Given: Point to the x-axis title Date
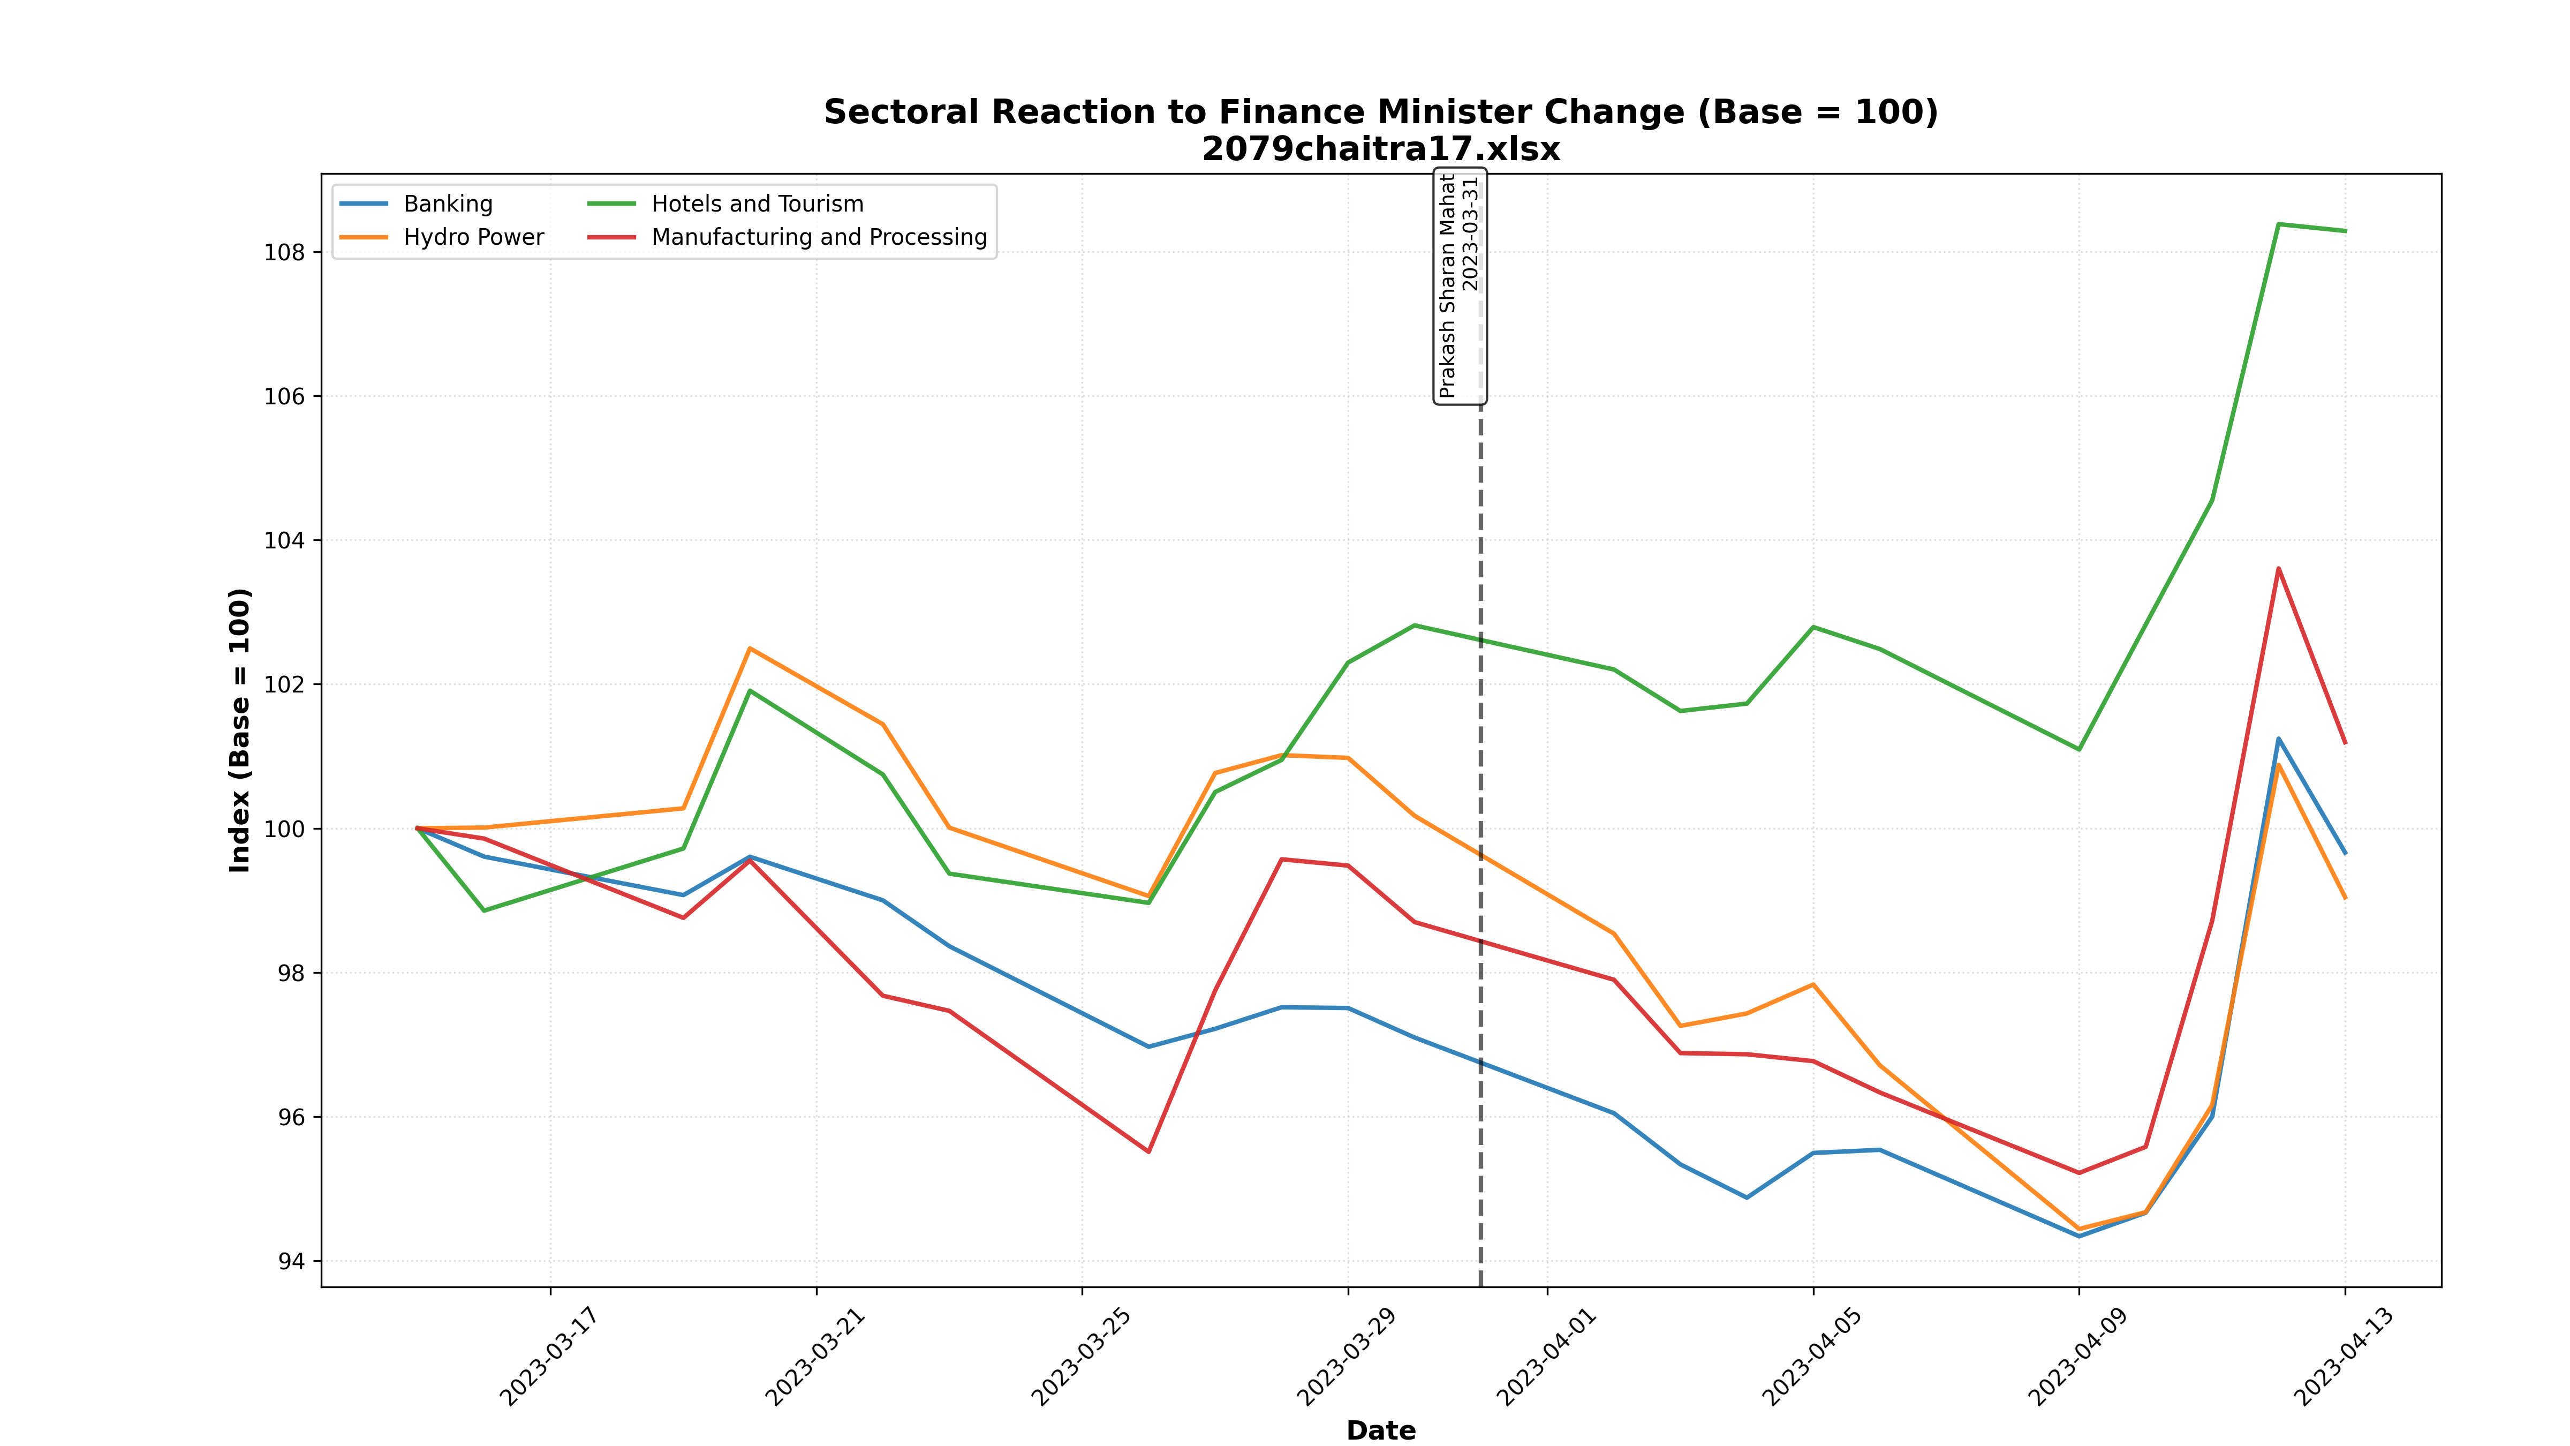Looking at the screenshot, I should point(1381,1430).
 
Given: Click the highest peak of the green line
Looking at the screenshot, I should point(2279,224).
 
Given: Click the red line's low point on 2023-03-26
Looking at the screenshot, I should point(1148,1151).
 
